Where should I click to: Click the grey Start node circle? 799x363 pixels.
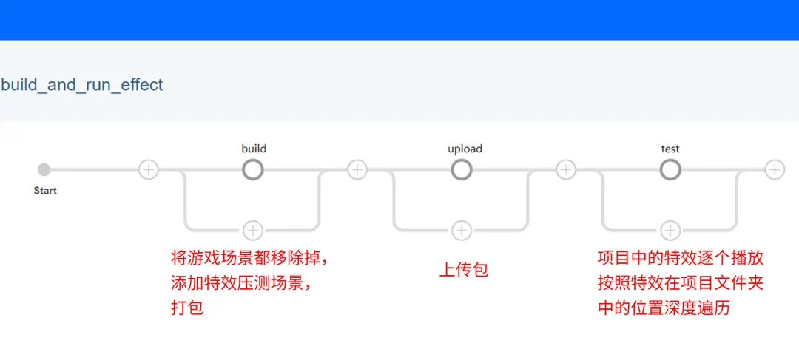tap(44, 169)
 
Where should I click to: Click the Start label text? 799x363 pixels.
tap(45, 191)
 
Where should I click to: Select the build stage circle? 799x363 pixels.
tap(253, 170)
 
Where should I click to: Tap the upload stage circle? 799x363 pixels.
tap(462, 170)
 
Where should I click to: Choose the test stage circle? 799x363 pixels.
tap(670, 170)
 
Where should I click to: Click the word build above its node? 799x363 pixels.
tap(254, 149)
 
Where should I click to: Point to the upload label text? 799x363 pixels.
tap(465, 149)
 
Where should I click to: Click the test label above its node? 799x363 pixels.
tap(670, 149)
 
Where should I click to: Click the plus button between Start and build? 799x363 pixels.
tap(149, 169)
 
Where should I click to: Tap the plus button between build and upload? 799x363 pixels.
tap(357, 169)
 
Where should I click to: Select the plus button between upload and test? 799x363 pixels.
tap(566, 169)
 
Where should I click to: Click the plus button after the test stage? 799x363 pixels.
tap(775, 169)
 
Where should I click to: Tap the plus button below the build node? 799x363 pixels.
tap(253, 231)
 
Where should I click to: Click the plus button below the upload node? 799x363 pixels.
tap(462, 231)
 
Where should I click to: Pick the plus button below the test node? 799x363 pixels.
tap(670, 231)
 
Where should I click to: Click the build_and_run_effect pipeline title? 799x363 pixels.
tap(82, 85)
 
